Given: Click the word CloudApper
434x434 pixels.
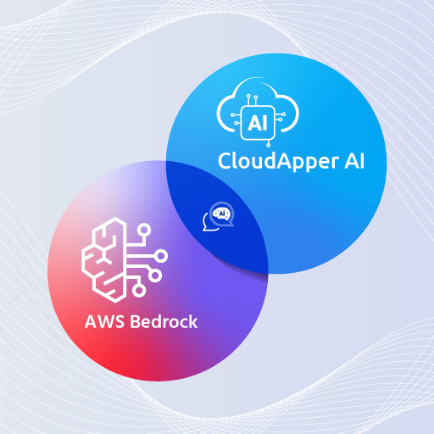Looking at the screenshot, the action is click(278, 161).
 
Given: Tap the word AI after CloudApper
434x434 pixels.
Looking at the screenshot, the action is click(354, 161).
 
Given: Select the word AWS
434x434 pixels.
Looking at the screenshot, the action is click(104, 321).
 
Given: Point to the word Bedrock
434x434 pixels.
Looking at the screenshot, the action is click(164, 321).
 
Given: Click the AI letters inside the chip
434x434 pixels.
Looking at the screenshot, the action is click(257, 123).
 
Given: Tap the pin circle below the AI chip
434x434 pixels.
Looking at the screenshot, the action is click(268, 145).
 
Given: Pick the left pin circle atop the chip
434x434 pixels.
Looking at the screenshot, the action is click(248, 96).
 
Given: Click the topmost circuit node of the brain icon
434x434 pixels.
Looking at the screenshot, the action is click(144, 230).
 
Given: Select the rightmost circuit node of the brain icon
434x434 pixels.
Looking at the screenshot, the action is click(161, 256).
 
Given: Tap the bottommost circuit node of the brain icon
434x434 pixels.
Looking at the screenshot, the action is click(139, 290).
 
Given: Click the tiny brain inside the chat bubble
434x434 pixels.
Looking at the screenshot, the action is click(222, 214).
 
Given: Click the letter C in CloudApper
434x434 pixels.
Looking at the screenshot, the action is click(224, 161).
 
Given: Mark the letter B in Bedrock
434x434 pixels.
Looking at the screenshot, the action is click(135, 321).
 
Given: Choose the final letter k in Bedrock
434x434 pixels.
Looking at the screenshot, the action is click(192, 321).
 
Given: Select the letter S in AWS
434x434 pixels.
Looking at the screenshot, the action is click(120, 321).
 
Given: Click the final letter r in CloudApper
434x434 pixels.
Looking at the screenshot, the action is click(336, 164).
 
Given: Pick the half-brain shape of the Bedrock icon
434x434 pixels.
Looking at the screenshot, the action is click(103, 260).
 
